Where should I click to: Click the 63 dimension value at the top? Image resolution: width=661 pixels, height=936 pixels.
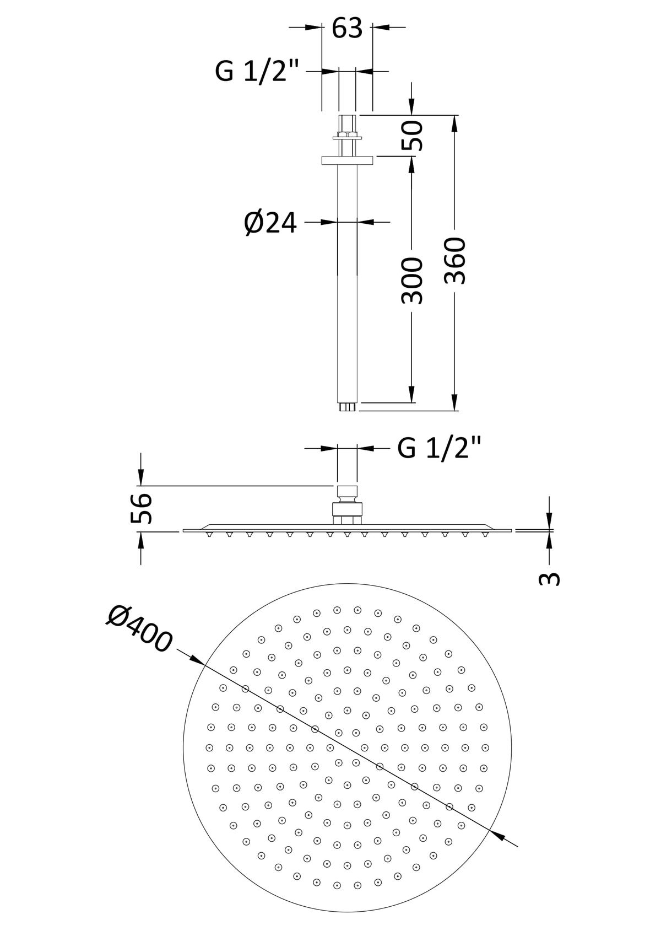click(x=346, y=29)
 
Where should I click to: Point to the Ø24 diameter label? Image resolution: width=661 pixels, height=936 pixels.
click(x=270, y=223)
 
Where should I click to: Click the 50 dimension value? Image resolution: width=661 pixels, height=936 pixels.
click(x=412, y=136)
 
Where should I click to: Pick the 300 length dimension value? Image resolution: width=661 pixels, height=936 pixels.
click(x=412, y=281)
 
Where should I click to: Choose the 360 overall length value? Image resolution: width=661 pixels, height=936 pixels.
click(x=455, y=261)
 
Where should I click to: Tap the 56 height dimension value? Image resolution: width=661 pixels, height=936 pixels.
click(x=140, y=509)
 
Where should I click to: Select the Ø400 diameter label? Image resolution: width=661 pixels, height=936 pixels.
click(x=138, y=630)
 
